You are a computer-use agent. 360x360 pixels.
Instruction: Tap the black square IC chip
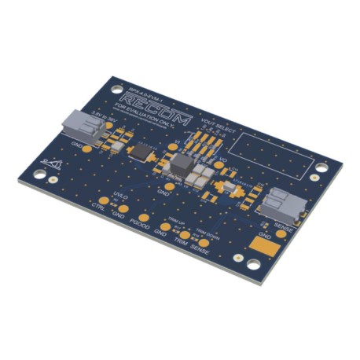tap(142, 150)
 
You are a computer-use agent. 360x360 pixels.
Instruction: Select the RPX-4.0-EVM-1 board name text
tap(138, 86)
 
